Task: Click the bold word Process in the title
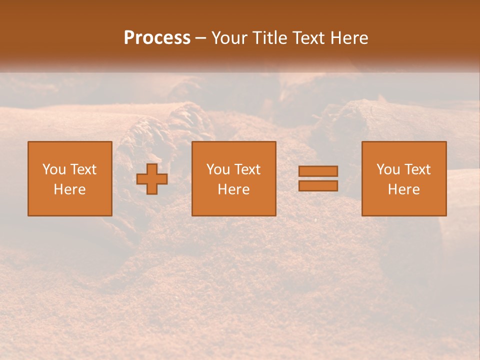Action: click(x=157, y=38)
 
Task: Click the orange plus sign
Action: click(x=152, y=179)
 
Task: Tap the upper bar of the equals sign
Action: click(x=318, y=171)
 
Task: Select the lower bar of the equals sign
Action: click(x=318, y=185)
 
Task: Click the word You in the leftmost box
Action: click(x=54, y=169)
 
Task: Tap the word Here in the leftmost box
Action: click(x=70, y=189)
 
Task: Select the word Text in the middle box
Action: click(x=247, y=169)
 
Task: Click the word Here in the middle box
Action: click(x=234, y=189)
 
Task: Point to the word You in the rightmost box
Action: click(x=388, y=169)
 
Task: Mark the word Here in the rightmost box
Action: click(x=404, y=189)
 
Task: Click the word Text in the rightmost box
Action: click(x=417, y=169)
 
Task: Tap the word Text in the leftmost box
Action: click(x=83, y=169)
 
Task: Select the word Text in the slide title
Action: click(x=307, y=38)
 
